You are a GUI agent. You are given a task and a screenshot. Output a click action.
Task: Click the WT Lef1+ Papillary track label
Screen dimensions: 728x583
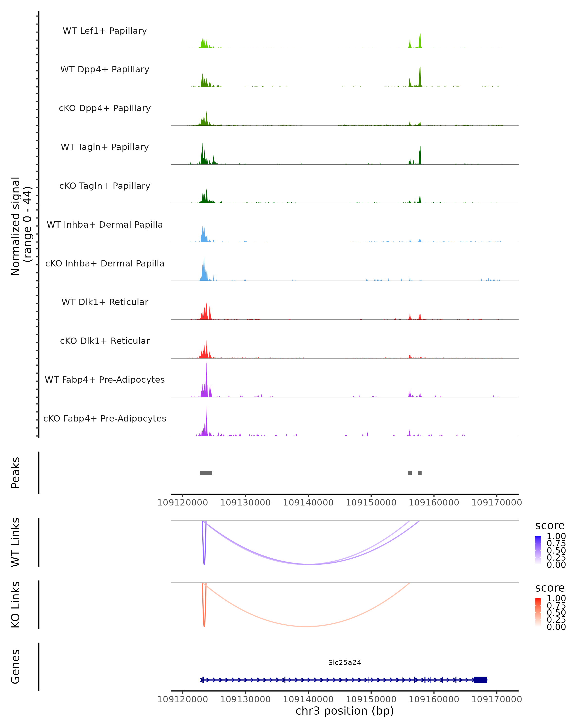105,31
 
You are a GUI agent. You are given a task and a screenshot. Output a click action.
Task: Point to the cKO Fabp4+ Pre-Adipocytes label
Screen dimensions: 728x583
105,418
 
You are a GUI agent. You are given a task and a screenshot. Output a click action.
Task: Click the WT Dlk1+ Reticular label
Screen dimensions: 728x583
105,302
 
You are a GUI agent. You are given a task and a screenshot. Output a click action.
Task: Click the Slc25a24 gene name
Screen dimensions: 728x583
344,662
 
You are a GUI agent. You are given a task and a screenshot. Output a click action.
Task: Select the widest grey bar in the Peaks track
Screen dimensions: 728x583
206,473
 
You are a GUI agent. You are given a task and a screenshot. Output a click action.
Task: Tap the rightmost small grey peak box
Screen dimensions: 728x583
420,473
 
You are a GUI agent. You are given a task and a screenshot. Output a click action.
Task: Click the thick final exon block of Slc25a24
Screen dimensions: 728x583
480,680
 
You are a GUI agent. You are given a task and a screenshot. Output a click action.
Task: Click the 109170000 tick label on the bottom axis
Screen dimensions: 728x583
497,699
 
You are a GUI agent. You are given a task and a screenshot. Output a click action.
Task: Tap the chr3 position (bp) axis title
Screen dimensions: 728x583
344,711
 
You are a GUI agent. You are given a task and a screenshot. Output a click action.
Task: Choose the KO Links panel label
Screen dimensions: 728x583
16,604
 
